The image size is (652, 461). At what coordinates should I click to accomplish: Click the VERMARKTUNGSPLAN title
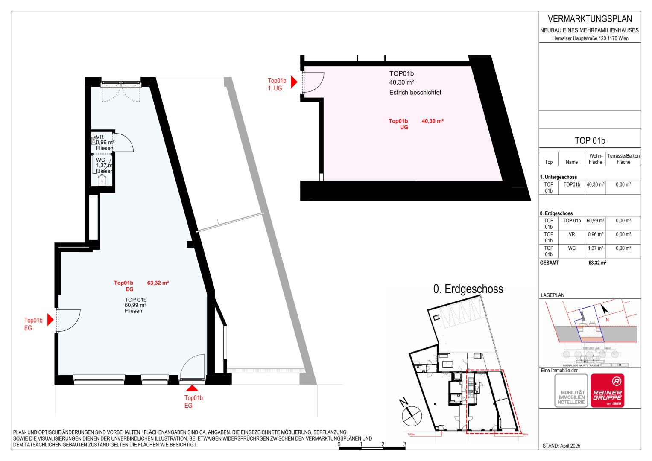(x=590, y=19)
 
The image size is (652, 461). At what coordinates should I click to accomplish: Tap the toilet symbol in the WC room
(x=102, y=181)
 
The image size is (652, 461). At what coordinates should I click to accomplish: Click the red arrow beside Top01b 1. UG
(x=294, y=82)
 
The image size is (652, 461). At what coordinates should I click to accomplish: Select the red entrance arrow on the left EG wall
(x=50, y=319)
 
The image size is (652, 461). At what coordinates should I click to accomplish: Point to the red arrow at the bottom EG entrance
(x=192, y=388)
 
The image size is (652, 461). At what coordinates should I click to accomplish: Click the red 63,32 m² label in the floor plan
(x=158, y=283)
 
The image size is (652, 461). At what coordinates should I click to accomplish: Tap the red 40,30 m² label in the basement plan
(x=433, y=121)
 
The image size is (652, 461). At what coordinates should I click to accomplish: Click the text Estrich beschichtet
(x=415, y=92)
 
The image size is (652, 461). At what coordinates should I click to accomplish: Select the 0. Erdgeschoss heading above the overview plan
(x=468, y=289)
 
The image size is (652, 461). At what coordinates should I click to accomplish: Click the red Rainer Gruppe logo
(x=607, y=391)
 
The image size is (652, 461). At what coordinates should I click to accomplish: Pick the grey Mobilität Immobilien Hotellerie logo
(x=571, y=391)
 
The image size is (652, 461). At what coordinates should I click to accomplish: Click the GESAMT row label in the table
(x=549, y=263)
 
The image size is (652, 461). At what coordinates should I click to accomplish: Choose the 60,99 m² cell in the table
(x=595, y=221)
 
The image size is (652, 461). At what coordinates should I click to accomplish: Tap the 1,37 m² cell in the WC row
(x=595, y=248)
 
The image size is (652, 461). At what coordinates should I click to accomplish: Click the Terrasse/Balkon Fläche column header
(x=623, y=159)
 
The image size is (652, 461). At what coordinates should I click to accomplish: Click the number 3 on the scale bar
(x=405, y=444)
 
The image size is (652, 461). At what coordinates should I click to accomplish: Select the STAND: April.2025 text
(x=561, y=446)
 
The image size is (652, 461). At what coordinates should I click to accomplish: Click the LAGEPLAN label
(x=553, y=295)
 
